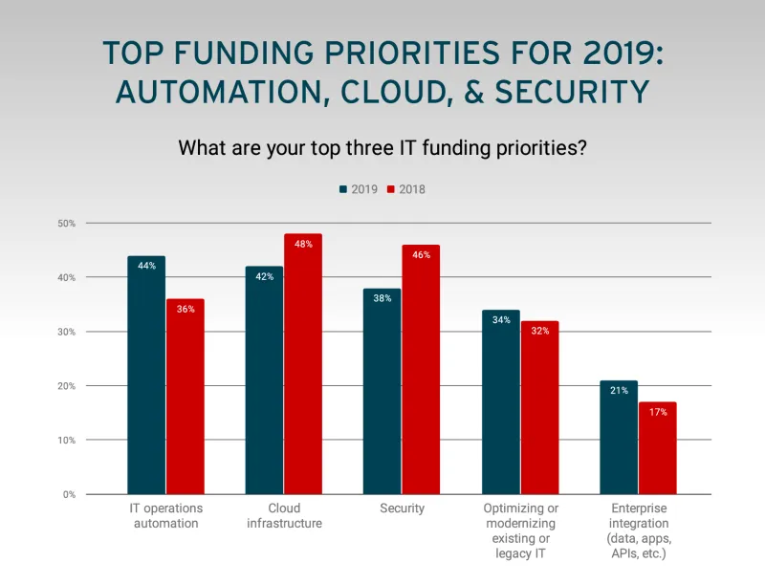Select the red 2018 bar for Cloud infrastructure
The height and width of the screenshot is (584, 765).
(x=303, y=364)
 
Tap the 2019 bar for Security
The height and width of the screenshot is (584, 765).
(x=382, y=391)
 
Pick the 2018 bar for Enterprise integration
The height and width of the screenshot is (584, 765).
(x=657, y=448)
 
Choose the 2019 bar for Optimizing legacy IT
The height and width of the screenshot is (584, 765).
(x=501, y=401)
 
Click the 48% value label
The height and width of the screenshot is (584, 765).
(x=303, y=244)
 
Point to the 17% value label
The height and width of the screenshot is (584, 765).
(x=657, y=412)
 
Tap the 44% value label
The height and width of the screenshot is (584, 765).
(x=146, y=266)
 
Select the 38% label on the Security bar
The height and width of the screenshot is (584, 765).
(x=382, y=298)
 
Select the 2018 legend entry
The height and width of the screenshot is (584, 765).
(x=405, y=189)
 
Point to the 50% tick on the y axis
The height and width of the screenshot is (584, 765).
(x=67, y=223)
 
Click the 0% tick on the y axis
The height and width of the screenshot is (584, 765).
(x=70, y=494)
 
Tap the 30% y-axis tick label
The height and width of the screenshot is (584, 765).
(x=67, y=332)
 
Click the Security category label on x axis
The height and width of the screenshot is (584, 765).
(x=402, y=508)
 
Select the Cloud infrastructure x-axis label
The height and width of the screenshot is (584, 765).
(x=283, y=515)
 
